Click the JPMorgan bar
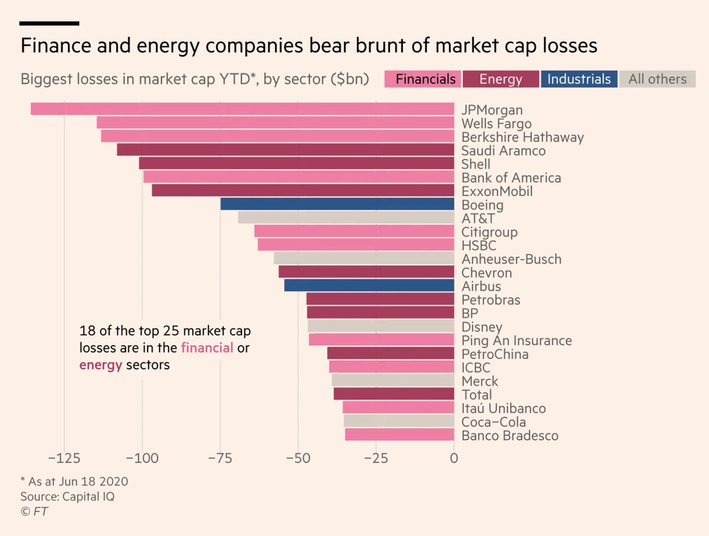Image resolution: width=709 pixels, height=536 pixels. click(242, 109)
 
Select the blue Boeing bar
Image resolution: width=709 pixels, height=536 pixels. click(337, 205)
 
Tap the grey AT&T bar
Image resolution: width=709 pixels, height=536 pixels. click(346, 218)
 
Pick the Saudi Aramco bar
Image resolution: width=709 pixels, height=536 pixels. click(285, 150)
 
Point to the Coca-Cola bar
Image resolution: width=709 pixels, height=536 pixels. click(399, 422)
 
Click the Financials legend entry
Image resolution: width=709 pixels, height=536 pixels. click(422, 79)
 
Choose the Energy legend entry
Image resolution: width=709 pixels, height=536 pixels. click(500, 79)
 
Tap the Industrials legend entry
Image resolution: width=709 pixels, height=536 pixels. click(579, 79)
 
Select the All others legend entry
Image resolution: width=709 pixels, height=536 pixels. click(657, 79)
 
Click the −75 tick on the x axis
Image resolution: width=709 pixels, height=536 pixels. click(220, 459)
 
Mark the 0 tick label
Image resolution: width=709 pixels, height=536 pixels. click(453, 459)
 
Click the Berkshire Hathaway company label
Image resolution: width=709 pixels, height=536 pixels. click(522, 137)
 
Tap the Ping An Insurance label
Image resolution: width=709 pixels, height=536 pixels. click(516, 341)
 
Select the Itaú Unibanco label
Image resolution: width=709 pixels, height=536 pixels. click(503, 409)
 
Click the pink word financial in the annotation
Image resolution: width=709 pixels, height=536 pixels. click(207, 348)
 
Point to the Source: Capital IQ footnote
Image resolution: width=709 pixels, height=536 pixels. click(67, 496)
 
